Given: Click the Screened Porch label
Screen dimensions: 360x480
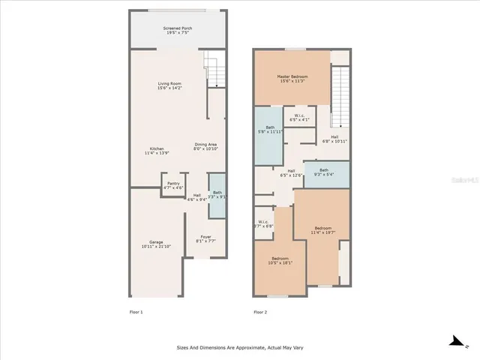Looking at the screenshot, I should point(177,31).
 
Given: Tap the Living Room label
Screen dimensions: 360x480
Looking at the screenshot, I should point(172,85).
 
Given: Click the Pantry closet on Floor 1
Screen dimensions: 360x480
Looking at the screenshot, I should point(173,185).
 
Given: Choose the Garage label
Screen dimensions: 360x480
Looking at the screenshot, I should point(156,244).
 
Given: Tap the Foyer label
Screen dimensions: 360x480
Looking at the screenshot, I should point(205,239).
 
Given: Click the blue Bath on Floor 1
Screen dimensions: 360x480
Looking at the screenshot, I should point(217,195).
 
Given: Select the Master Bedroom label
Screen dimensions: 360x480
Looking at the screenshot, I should point(292,78).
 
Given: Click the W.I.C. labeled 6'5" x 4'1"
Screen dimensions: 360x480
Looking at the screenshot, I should point(299,117).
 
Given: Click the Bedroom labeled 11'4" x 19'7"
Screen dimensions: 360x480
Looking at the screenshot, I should point(322,230).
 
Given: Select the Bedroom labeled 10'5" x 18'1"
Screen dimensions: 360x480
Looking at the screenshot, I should point(280,261).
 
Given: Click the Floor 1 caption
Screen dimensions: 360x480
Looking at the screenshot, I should point(136,312).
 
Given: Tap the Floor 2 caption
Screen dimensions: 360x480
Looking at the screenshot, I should point(260,312).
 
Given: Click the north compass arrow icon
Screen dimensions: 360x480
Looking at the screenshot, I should point(454,343).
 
